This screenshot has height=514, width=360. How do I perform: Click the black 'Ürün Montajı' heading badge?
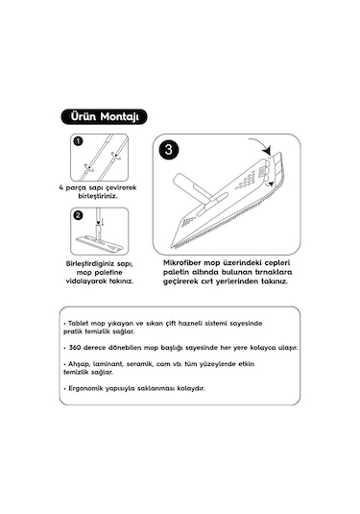pyautogui.click(x=104, y=117)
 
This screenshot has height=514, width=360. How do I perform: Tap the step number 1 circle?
pyautogui.click(x=78, y=142)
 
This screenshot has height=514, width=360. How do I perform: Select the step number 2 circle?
pyautogui.click(x=78, y=217)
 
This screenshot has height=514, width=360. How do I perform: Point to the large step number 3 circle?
pyautogui.click(x=169, y=151)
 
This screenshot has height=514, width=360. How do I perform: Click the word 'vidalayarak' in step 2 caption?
pyautogui.click(x=93, y=281)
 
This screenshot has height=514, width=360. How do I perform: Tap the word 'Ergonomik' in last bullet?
pyautogui.click(x=88, y=388)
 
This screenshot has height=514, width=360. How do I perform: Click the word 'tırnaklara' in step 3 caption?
pyautogui.click(x=269, y=272)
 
